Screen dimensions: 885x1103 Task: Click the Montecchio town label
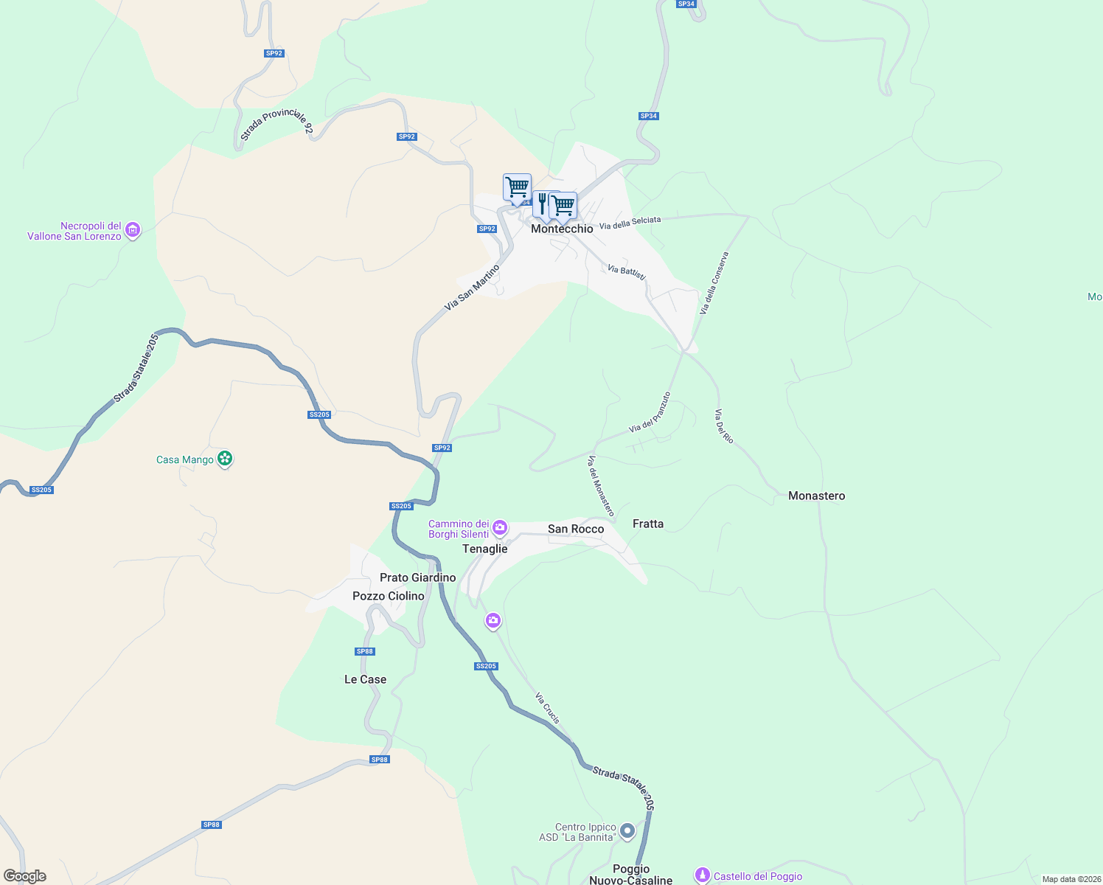pos(562,229)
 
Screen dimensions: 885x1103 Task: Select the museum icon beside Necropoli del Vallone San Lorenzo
pos(133,231)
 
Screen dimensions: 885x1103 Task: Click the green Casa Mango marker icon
pos(225,459)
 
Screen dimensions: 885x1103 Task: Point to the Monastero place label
pos(816,496)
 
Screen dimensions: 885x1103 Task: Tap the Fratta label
pos(648,524)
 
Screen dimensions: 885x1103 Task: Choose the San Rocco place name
pos(576,529)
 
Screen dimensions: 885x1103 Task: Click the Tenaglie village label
pos(484,549)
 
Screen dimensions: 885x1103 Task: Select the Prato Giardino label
pos(417,577)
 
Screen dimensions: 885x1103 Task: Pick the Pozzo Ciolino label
pos(389,596)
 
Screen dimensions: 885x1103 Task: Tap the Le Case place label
pos(365,679)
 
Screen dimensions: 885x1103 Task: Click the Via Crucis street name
pos(548,708)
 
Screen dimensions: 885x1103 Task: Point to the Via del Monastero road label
pos(600,485)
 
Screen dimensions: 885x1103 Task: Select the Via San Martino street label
pos(472,288)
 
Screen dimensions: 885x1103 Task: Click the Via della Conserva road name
pos(714,283)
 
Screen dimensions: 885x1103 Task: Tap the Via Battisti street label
pos(627,272)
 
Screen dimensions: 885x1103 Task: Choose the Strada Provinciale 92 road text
pos(276,124)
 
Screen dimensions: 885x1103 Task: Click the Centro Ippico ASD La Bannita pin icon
pos(627,832)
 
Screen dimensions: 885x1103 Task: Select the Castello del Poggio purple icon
pos(703,875)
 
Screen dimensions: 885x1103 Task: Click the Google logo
pos(25,876)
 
